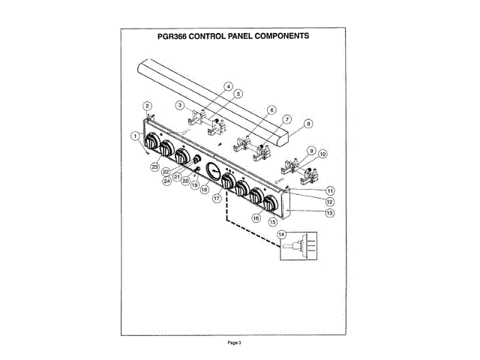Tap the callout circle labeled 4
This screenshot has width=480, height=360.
click(x=227, y=85)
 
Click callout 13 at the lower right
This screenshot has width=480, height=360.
click(x=329, y=213)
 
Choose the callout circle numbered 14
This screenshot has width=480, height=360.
click(x=282, y=235)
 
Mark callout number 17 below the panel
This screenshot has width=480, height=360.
click(x=217, y=199)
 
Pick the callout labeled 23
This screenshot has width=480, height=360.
click(x=154, y=165)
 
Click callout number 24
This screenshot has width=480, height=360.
click(x=166, y=180)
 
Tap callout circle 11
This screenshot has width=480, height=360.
click(x=329, y=191)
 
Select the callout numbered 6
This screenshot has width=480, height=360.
click(x=271, y=110)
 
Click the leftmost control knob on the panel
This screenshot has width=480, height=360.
click(x=151, y=142)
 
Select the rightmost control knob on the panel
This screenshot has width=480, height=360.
click(x=270, y=202)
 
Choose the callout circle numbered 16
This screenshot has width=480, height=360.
click(x=256, y=218)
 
